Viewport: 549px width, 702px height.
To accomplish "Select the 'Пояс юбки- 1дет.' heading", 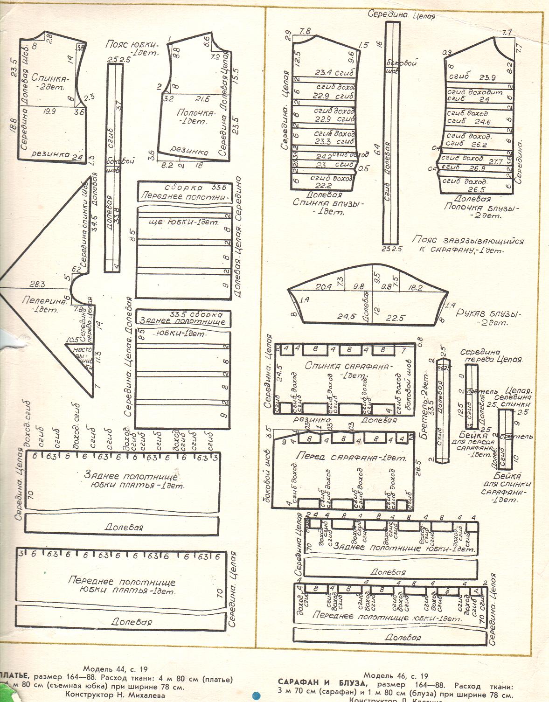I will click(x=132, y=49).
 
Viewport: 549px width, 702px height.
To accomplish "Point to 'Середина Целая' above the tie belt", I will click(x=401, y=15).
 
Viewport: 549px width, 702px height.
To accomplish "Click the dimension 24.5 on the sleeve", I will click(x=347, y=316).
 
